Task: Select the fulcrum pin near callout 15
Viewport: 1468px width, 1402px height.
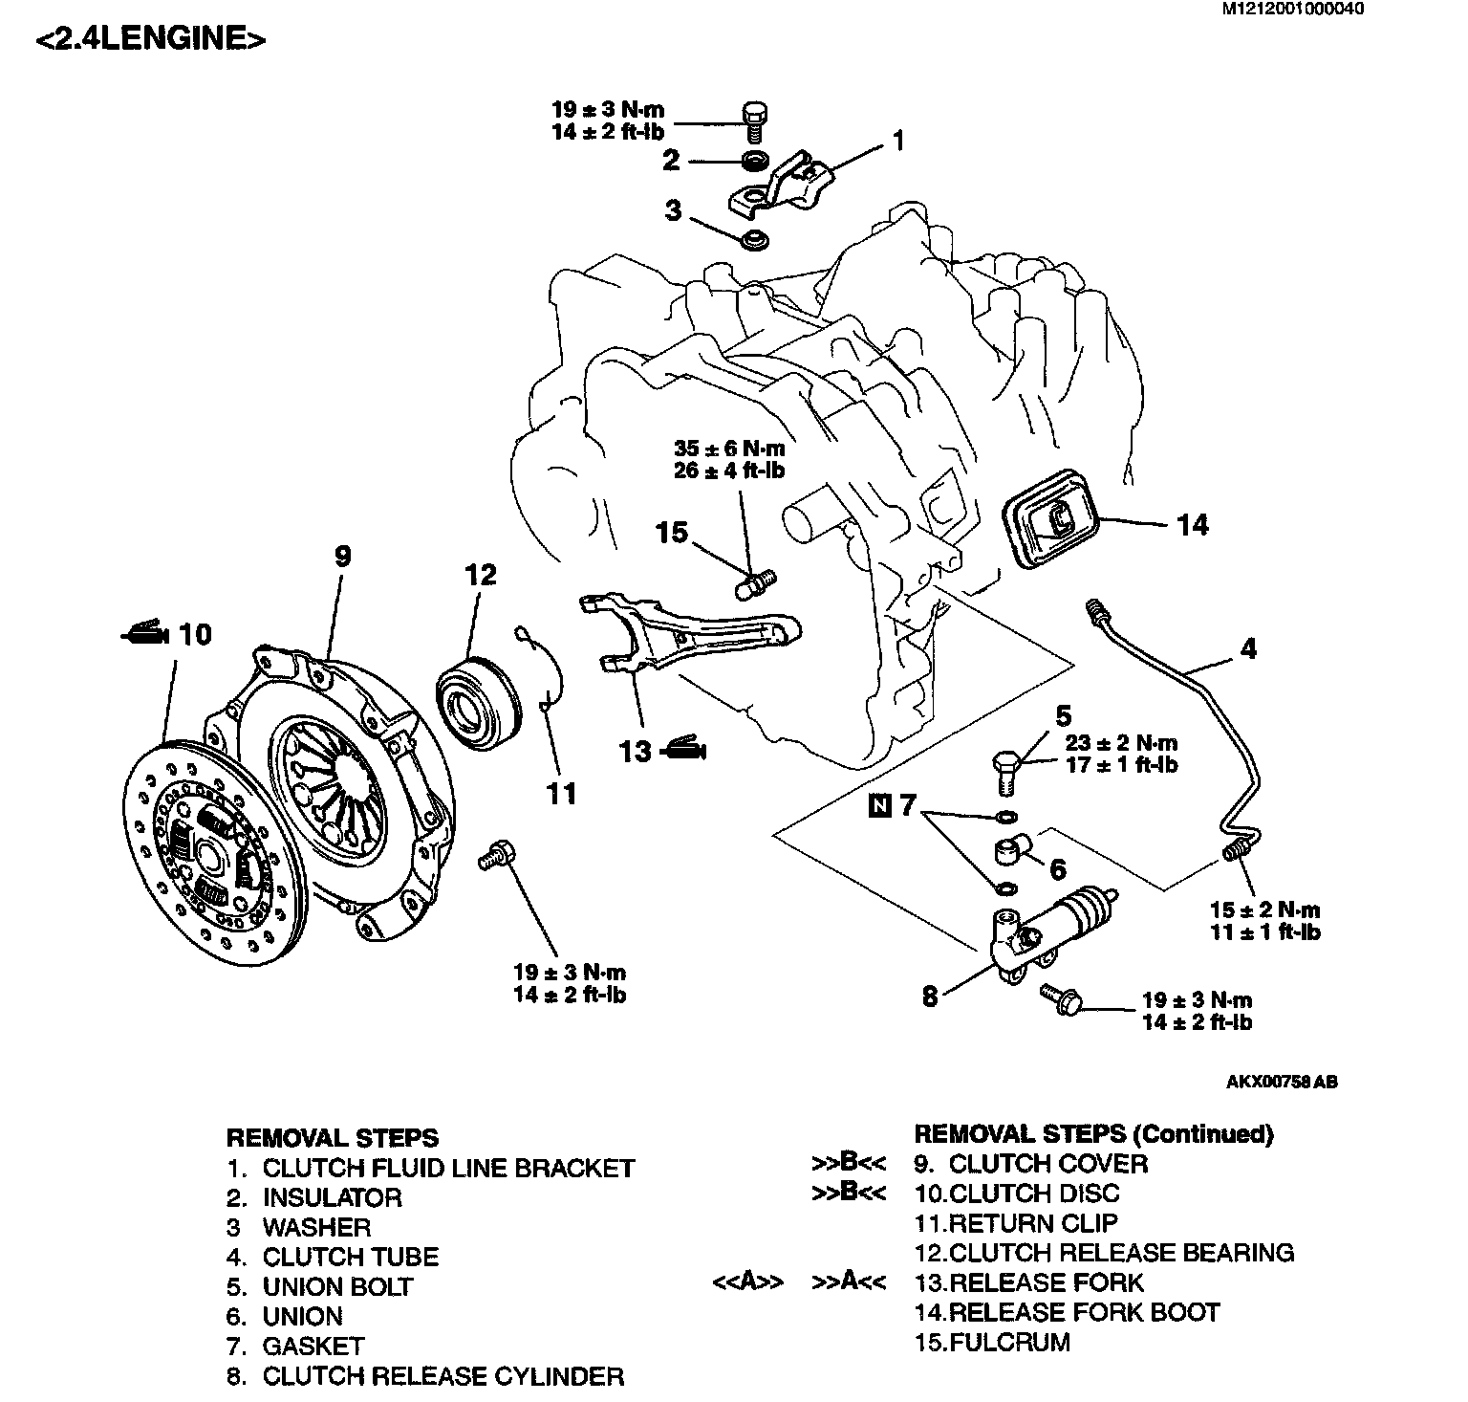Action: pos(758,582)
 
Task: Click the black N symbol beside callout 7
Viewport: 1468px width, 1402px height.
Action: pos(879,806)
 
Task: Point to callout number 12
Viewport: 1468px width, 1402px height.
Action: pos(481,576)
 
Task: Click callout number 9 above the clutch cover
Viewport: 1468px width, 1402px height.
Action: pos(342,557)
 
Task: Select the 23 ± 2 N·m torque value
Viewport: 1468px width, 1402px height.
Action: pos(1122,743)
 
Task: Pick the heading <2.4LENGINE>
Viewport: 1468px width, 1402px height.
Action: pos(150,39)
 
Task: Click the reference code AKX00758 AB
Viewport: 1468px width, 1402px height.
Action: pos(1282,1083)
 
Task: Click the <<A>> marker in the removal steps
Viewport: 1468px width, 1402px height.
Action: pos(748,1282)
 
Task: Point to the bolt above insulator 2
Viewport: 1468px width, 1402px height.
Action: pos(754,120)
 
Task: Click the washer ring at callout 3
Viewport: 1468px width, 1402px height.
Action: pos(757,237)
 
